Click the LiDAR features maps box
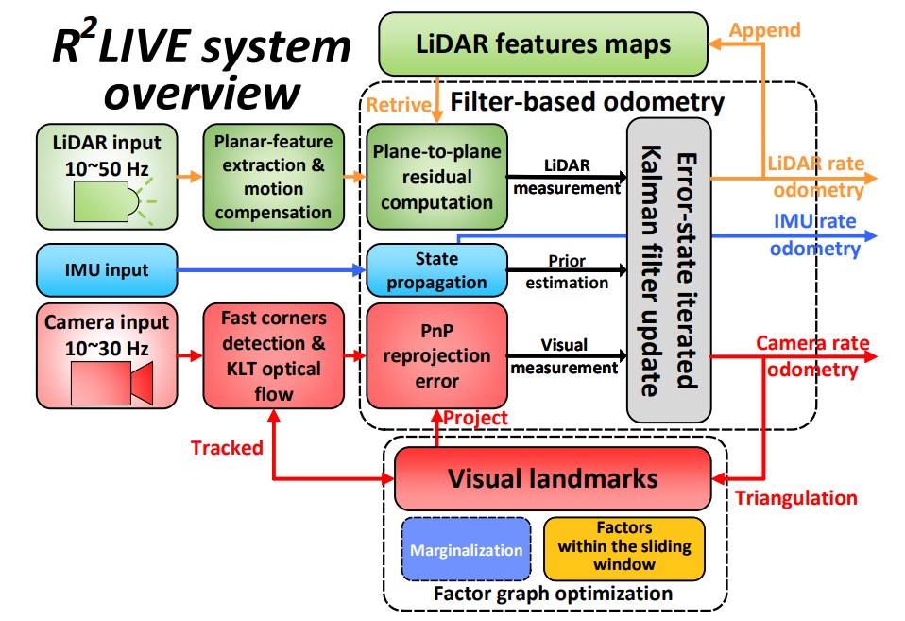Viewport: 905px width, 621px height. (x=543, y=43)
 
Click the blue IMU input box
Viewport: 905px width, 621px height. (x=106, y=270)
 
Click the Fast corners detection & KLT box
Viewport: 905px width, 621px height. (x=272, y=356)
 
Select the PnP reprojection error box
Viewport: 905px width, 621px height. (x=436, y=356)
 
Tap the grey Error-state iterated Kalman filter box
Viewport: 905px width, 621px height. (x=669, y=269)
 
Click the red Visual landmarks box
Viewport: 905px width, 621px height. (x=552, y=478)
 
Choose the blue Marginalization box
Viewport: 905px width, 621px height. (x=467, y=549)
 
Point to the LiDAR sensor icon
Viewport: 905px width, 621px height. (x=109, y=199)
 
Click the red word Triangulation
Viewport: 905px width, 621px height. (x=795, y=498)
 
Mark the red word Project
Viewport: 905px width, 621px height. (x=476, y=418)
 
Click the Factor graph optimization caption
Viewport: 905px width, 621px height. (x=553, y=595)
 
